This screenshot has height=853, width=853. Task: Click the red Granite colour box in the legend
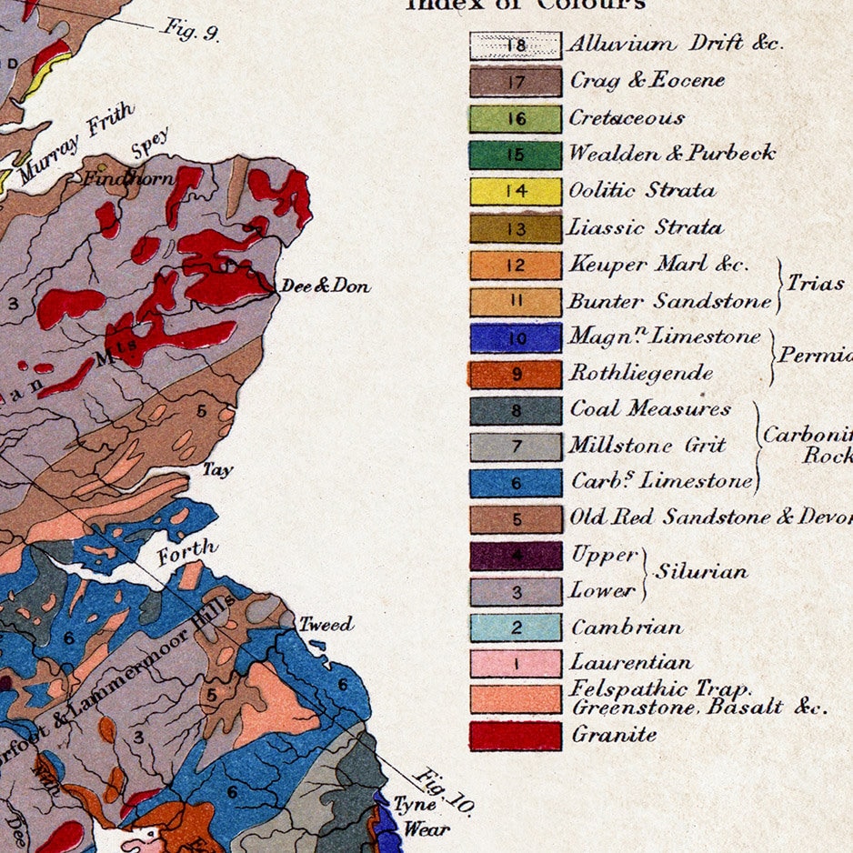coord(516,735)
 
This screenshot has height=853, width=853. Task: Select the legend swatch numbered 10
coord(516,337)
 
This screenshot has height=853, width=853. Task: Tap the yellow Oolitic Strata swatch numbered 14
coord(516,191)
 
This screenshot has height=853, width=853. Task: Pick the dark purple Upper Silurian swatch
coord(516,555)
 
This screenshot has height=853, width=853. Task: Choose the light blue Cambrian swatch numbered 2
coord(516,627)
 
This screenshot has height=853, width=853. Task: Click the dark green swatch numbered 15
coord(516,154)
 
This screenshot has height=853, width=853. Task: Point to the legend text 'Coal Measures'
coord(650,408)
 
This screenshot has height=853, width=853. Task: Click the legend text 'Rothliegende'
coord(641,373)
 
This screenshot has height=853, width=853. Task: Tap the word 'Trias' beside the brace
coord(816,283)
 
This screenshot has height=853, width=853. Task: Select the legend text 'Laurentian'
coord(631,662)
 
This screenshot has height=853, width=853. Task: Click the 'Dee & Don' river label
coord(325,286)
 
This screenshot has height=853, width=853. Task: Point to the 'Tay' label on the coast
coord(217,470)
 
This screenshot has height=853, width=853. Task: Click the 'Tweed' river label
coord(326,625)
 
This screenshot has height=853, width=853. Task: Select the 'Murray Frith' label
coord(76,143)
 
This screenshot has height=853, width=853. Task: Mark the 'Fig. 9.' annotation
coord(191,30)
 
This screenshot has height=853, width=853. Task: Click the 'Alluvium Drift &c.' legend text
coord(676,43)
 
